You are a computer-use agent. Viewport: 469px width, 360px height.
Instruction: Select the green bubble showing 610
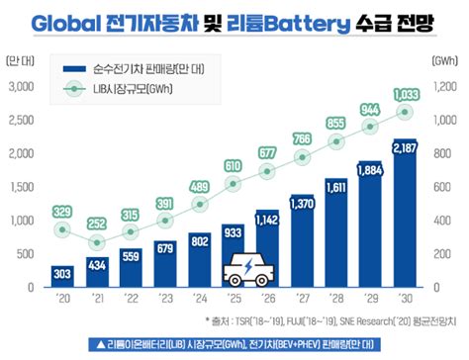pyautogui.click(x=232, y=165)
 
